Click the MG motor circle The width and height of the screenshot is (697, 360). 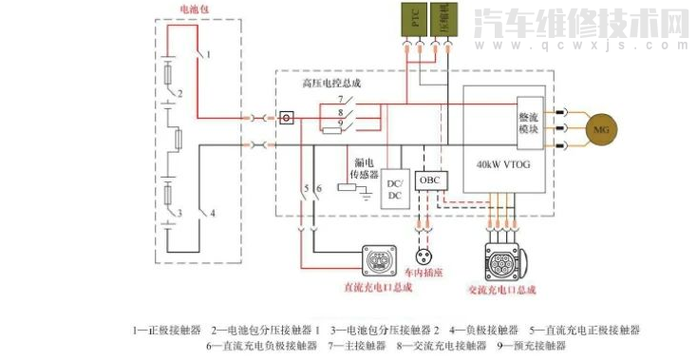point(599,128)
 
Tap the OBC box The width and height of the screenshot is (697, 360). point(431,180)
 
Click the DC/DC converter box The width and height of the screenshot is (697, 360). point(395,188)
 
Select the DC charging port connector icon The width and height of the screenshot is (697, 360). point(378,261)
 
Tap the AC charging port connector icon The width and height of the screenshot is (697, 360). point(503,262)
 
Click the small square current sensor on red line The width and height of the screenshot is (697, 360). point(286,119)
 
